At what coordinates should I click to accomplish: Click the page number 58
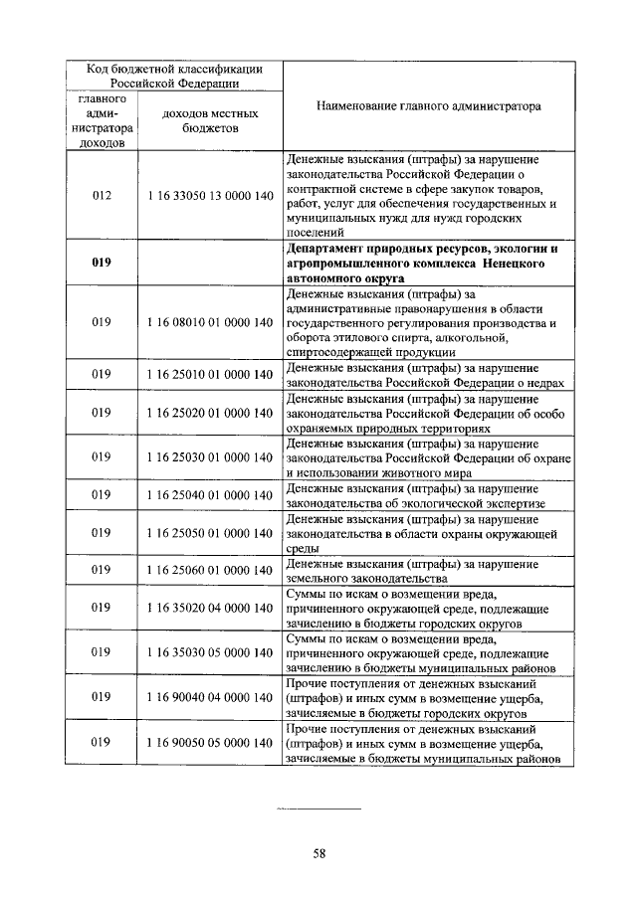click(319, 852)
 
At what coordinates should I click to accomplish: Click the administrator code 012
click(102, 196)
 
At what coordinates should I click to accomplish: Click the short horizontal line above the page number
click(318, 810)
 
